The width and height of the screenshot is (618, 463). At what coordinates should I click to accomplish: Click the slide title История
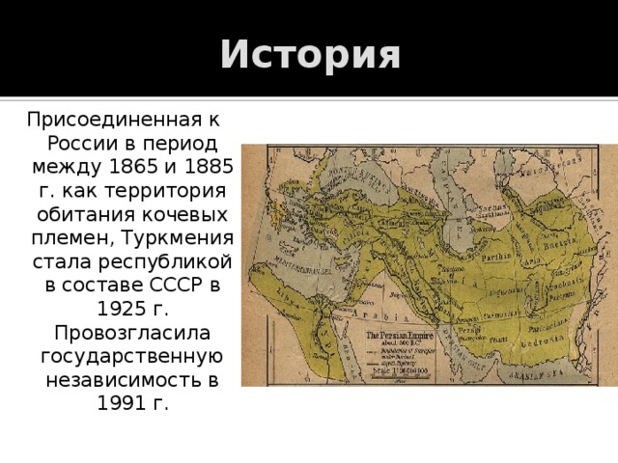click(309, 55)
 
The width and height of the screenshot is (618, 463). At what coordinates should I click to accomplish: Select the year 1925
click(120, 308)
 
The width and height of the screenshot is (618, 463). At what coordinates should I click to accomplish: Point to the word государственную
click(129, 354)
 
